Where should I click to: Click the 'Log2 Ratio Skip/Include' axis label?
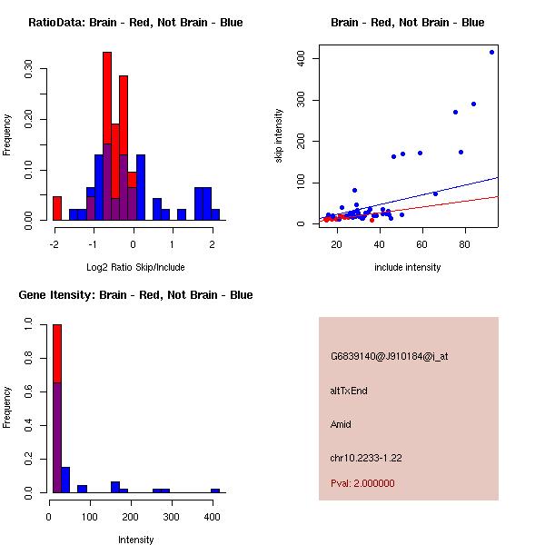tap(135, 267)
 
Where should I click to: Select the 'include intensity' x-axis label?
tap(408, 267)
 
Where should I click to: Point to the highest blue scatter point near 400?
tap(491, 52)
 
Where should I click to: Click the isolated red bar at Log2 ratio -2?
tap(57, 208)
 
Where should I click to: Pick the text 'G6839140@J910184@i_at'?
tap(389, 356)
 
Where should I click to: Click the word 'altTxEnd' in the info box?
tap(348, 391)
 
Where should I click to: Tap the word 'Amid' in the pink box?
tap(341, 424)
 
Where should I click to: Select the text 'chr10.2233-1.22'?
tap(365, 458)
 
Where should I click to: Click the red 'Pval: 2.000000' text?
tap(362, 483)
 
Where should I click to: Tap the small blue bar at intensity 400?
tap(215, 490)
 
